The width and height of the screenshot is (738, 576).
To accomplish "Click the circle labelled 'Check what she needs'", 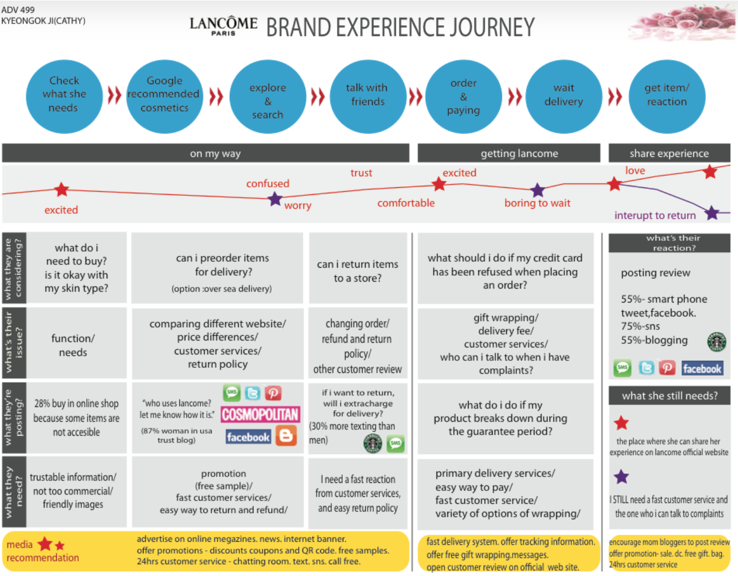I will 64,96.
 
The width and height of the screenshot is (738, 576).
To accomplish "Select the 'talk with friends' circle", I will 367,96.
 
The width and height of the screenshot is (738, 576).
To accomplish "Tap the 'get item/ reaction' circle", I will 667,96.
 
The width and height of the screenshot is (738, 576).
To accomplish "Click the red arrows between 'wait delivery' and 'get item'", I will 615,96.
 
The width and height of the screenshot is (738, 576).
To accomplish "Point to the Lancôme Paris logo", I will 223,26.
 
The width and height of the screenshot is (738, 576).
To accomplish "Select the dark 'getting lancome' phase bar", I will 509,153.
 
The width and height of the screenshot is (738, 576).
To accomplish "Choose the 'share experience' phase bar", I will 669,153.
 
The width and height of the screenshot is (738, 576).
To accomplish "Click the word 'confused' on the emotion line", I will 268,184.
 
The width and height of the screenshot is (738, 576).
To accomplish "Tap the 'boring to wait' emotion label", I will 537,203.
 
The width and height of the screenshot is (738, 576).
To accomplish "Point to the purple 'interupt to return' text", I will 655,215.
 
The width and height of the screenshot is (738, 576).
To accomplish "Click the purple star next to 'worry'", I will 275,199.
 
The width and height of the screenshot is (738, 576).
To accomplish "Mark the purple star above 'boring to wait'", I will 538,190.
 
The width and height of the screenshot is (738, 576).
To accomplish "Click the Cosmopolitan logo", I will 260,414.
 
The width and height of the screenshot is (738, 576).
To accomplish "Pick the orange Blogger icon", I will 286,436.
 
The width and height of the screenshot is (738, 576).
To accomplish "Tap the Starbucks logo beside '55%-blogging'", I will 717,341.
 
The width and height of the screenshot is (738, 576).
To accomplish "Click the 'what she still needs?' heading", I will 669,396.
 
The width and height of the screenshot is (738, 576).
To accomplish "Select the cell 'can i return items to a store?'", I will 358,271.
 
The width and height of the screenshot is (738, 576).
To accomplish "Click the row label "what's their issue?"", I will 14,343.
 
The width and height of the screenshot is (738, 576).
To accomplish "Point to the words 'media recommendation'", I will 42,551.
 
